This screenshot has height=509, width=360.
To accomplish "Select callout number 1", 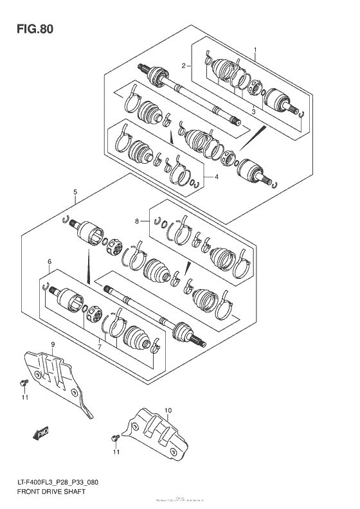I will [x=255, y=49].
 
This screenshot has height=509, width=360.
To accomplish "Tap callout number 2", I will [x=183, y=66].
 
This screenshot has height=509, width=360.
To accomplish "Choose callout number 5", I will [x=75, y=192].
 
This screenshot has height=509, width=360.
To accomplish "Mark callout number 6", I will [x=49, y=261].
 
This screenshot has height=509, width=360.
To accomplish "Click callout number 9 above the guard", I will [x=52, y=346].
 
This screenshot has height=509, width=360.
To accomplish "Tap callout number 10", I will [x=168, y=409].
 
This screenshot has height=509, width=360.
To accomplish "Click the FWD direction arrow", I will [x=42, y=434].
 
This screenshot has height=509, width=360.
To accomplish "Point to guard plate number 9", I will [x=61, y=379].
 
